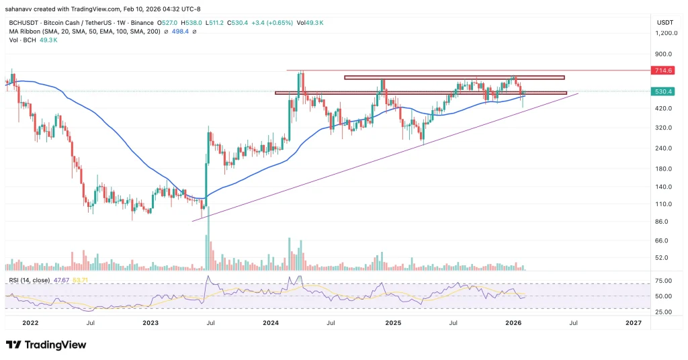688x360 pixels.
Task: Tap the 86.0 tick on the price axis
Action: pyautogui.click(x=662, y=222)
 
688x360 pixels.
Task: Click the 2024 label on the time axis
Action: pyautogui.click(x=271, y=323)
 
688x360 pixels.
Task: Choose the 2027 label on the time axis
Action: pyautogui.click(x=633, y=323)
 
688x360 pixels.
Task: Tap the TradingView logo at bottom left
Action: pyautogui.click(x=46, y=345)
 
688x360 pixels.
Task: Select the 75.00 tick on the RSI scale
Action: pyautogui.click(x=663, y=281)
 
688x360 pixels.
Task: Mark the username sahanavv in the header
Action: pyautogui.click(x=20, y=7)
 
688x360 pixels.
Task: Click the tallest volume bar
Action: pyautogui.click(x=208, y=238)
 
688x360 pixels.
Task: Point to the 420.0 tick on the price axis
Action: pyautogui.click(x=662, y=109)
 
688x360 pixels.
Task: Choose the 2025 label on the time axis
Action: pyautogui.click(x=393, y=323)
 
